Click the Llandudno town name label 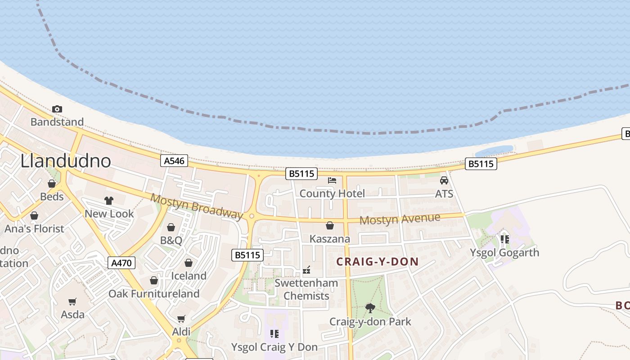(66, 161)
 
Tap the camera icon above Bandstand (57, 109)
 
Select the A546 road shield (174, 161)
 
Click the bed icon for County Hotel (332, 180)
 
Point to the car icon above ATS (444, 180)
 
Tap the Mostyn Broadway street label (196, 206)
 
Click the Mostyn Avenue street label (400, 220)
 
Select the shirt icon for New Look (109, 201)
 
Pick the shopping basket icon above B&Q (171, 227)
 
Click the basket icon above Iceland (189, 263)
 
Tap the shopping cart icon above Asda (72, 301)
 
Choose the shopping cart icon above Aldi (181, 319)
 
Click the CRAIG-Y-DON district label (378, 261)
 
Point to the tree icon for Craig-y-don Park (370, 308)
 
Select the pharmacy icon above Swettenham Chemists (306, 270)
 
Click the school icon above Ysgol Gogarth (504, 239)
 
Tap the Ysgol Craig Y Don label (274, 347)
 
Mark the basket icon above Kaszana (330, 225)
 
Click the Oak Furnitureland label (154, 294)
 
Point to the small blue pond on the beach (494, 150)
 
